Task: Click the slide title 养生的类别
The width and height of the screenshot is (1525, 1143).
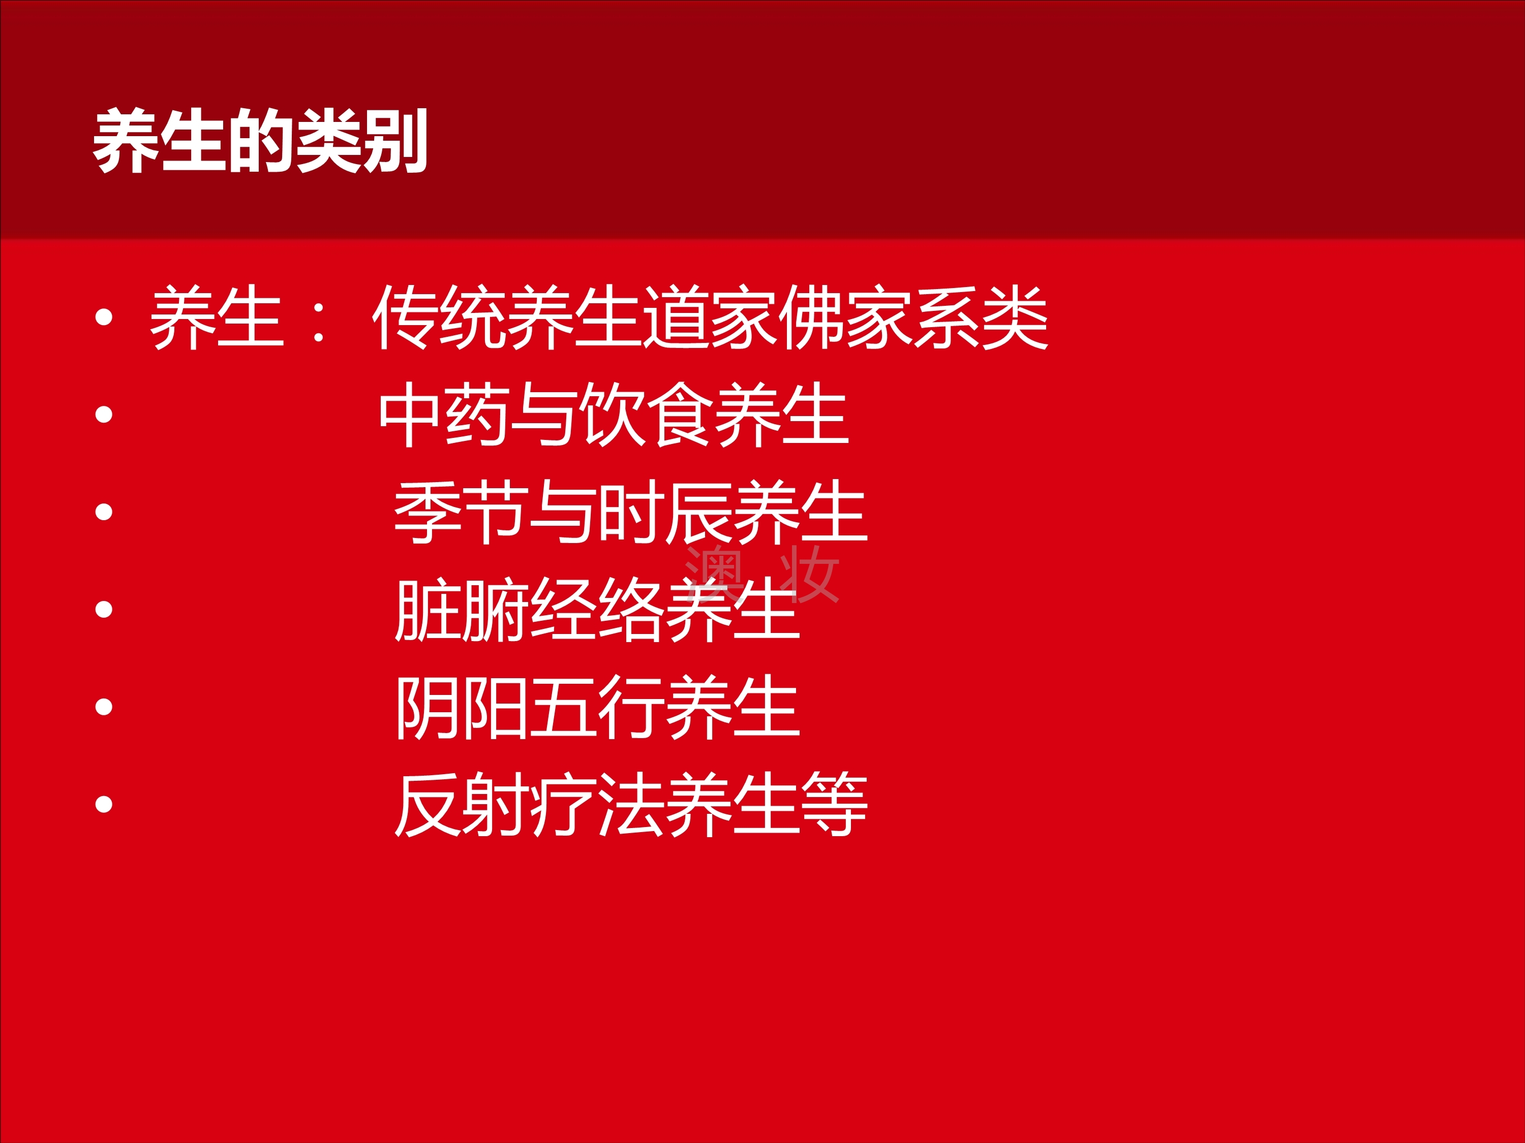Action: pos(261,141)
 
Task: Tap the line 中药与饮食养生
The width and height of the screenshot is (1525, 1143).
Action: pos(614,415)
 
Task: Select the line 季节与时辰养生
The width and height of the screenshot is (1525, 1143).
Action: pos(630,512)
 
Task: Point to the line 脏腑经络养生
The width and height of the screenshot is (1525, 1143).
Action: pos(597,610)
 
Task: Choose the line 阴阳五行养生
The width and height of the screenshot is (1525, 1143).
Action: pos(597,708)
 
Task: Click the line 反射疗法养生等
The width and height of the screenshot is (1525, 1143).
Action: pos(630,805)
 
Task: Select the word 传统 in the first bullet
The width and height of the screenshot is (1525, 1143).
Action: pos(439,317)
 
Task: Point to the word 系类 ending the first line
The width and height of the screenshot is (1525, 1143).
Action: pos(981,317)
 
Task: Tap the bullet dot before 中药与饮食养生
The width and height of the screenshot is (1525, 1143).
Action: pos(104,415)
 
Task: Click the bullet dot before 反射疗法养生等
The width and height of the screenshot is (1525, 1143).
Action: pos(104,805)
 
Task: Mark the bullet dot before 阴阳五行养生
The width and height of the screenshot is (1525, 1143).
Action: pos(104,708)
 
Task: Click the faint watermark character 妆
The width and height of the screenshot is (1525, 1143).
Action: pos(809,574)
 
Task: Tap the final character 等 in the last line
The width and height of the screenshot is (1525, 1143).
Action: pos(835,805)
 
